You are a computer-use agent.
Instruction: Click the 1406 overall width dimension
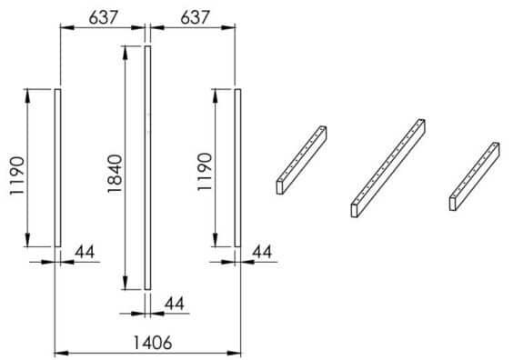click(153, 343)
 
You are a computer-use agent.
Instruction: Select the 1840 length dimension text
click(115, 174)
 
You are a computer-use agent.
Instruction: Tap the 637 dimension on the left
click(103, 17)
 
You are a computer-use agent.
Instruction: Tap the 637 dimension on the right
click(195, 17)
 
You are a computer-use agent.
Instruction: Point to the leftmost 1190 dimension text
click(17, 175)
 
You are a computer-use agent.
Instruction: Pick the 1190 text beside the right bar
click(205, 172)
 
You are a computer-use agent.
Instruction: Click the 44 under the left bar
click(85, 252)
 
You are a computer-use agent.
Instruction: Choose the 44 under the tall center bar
click(175, 304)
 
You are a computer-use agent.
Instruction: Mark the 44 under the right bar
click(262, 252)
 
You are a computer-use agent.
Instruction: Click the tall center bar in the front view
click(148, 168)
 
